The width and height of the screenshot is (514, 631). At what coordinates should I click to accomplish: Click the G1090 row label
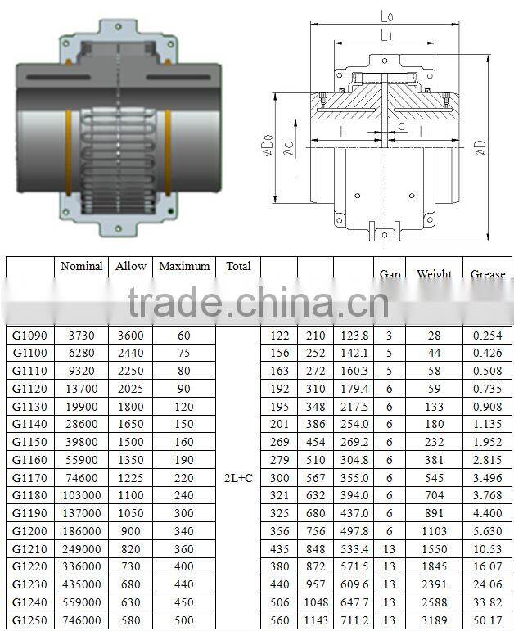point(30,336)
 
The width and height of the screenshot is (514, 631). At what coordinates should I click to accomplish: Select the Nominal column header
point(82,266)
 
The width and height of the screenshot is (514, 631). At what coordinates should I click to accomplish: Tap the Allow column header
point(131,266)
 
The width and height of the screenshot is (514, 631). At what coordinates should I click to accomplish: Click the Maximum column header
point(185,266)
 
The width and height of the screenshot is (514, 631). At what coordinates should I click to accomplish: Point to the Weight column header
point(434,274)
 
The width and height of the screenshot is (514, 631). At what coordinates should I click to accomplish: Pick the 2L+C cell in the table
point(238,477)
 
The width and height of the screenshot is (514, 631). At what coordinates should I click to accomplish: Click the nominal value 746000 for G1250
point(82,620)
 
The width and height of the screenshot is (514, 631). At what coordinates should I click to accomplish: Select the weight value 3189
point(434,620)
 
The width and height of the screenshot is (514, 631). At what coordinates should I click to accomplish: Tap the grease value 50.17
point(488,620)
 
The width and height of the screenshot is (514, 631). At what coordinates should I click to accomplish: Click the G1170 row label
point(30,477)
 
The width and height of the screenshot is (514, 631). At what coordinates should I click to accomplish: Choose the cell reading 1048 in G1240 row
point(315,602)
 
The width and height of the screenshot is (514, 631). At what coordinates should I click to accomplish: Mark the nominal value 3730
point(82,336)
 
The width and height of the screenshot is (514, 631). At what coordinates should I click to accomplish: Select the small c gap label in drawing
point(401,126)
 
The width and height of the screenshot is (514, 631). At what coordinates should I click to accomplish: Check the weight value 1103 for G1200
point(434,530)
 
